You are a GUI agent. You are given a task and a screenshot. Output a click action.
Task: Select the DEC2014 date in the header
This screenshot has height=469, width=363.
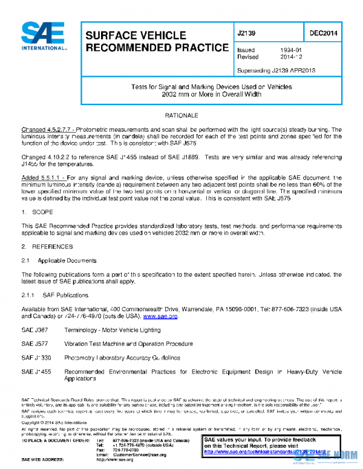322,33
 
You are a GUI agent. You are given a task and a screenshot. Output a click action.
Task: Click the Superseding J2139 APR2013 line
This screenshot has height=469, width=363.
276,70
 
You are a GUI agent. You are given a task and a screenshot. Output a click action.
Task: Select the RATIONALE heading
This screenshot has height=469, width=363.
181,115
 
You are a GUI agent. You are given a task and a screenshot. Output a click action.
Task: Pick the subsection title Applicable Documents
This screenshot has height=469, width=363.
67,260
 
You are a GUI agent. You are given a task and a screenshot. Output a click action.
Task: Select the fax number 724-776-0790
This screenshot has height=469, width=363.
125,449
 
